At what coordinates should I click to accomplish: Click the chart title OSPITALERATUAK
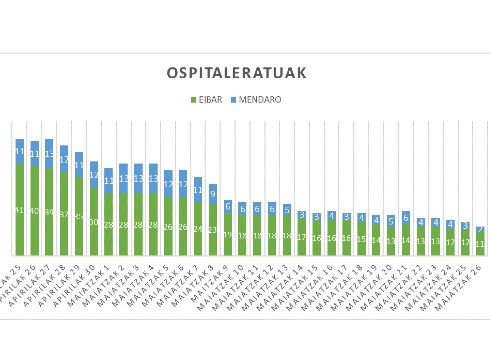[x=237, y=73]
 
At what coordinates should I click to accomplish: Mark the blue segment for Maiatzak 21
[x=406, y=217]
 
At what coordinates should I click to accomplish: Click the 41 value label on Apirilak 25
[x=20, y=210]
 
